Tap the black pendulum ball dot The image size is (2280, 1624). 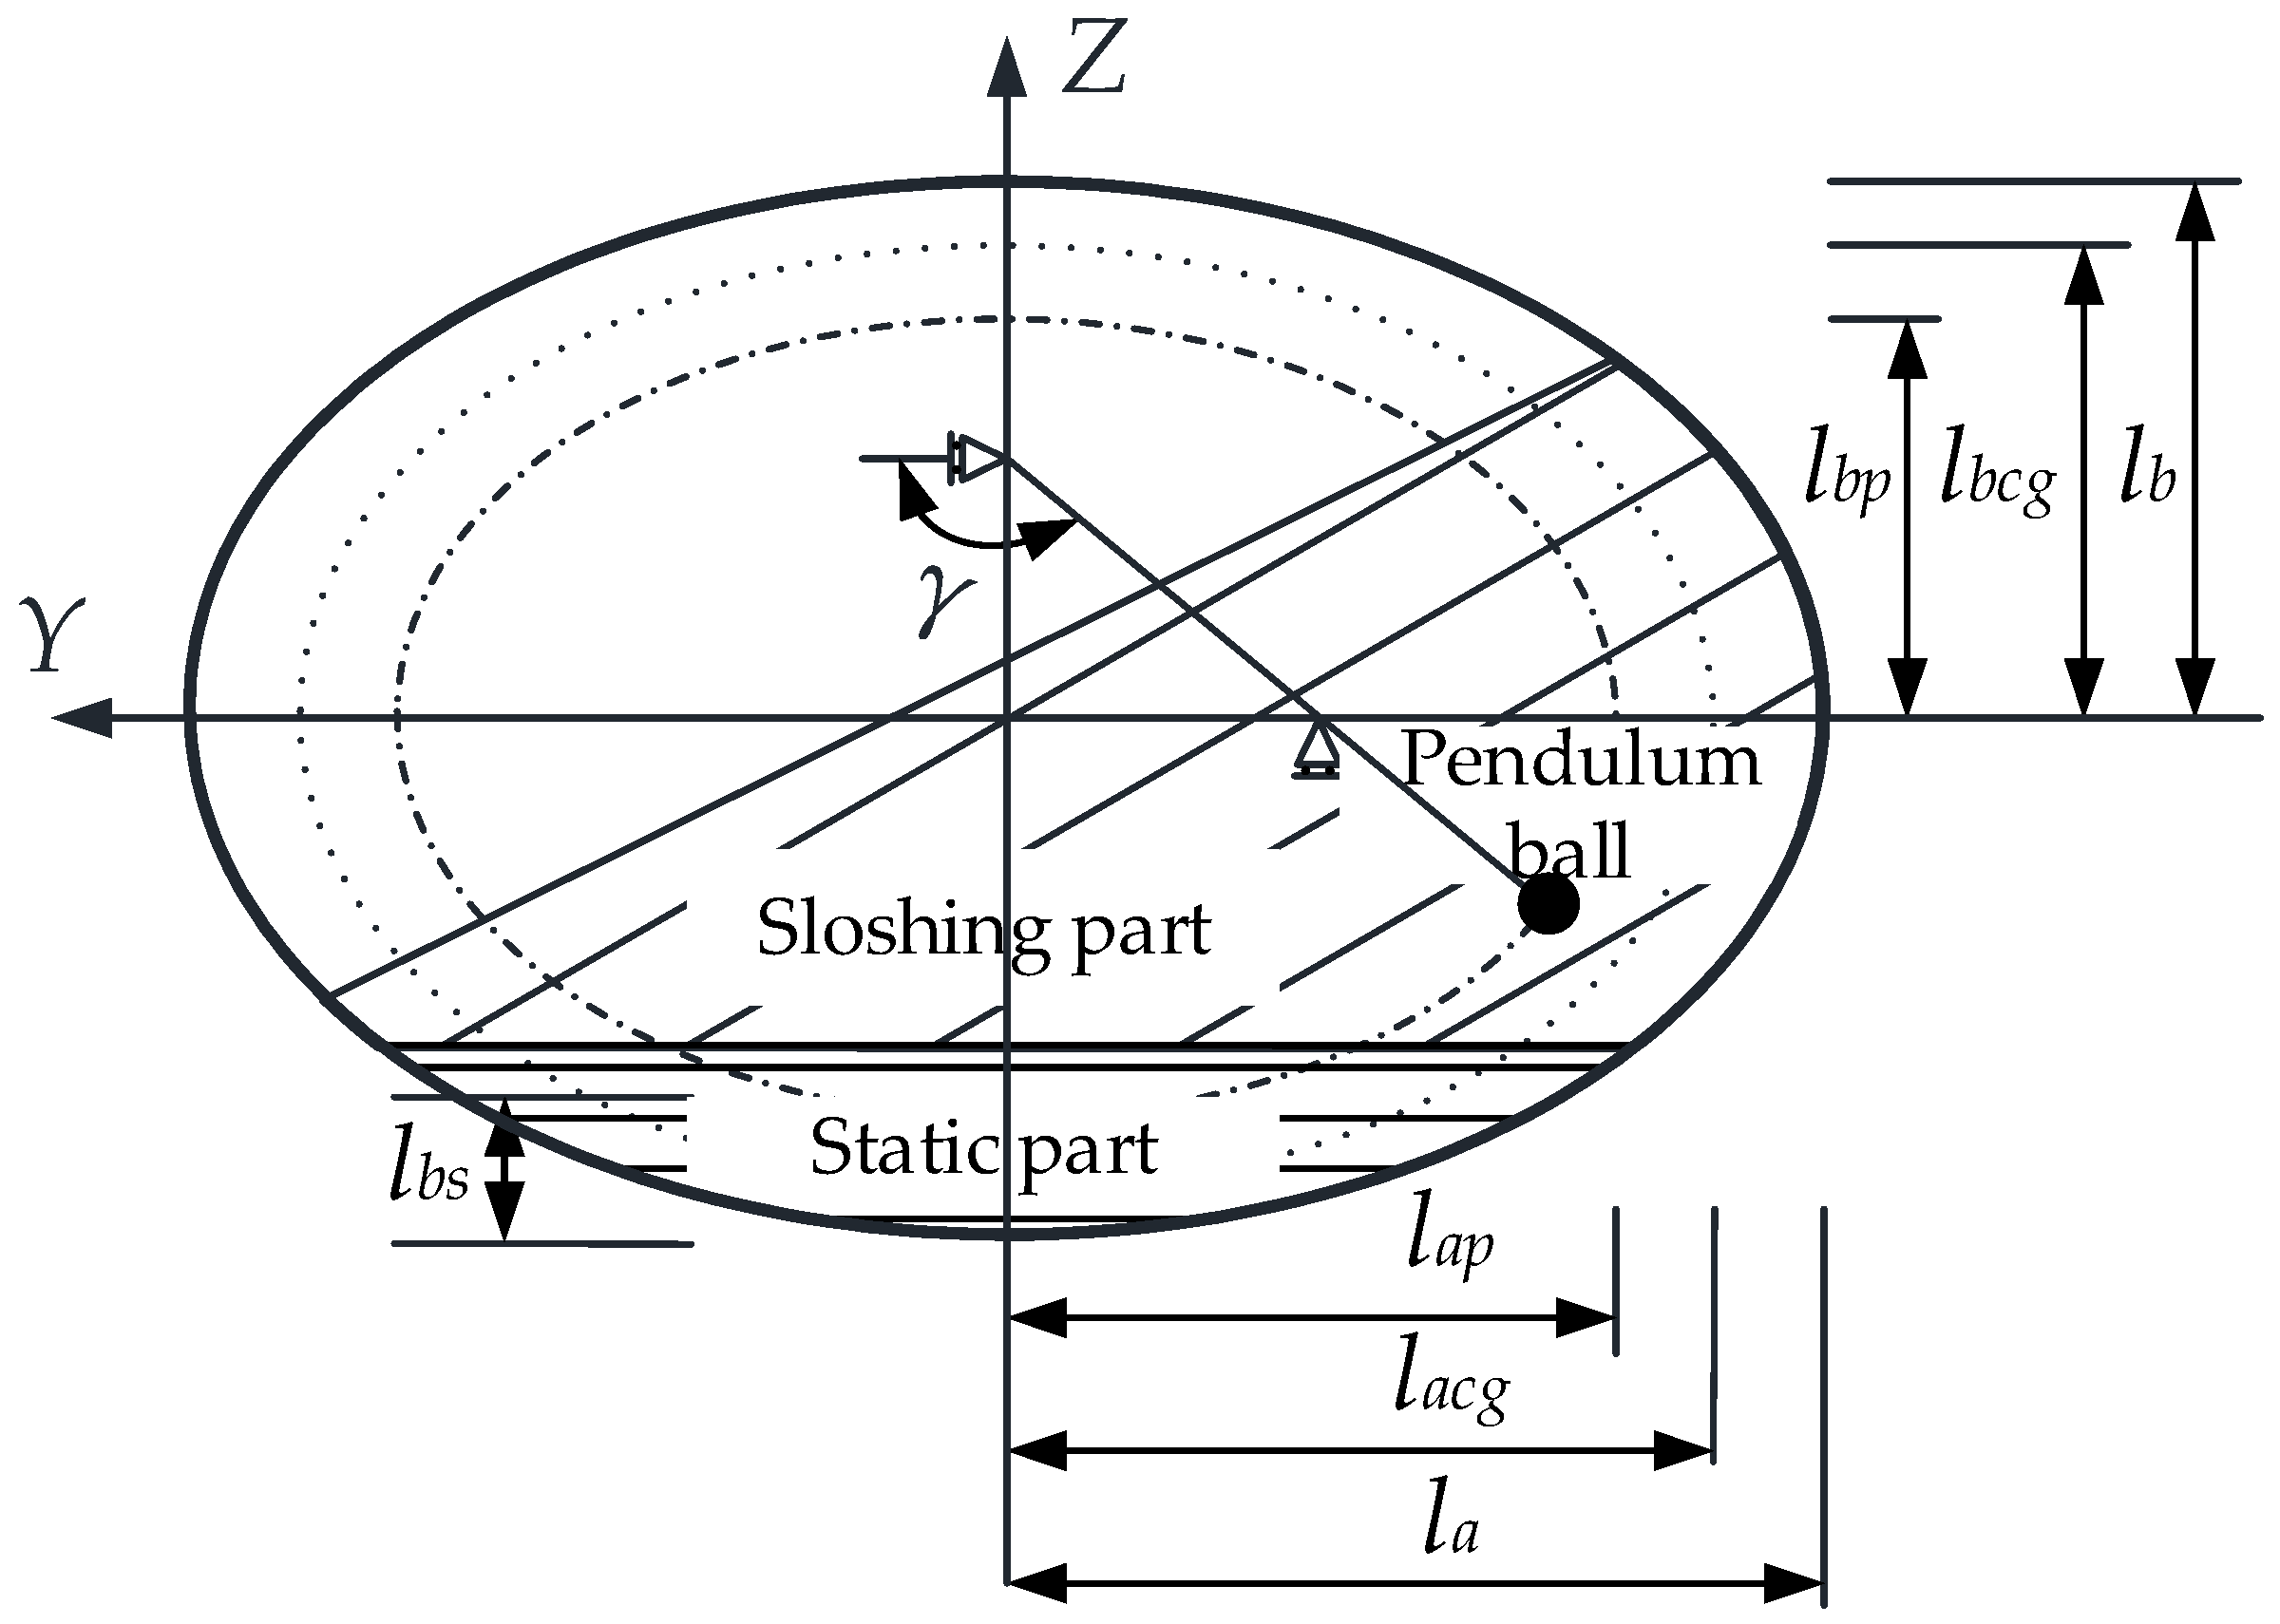pos(1548,903)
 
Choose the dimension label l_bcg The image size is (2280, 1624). pos(1997,478)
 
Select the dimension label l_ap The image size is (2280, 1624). pos(1450,1246)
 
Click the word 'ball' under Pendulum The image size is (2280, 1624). pos(1569,851)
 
